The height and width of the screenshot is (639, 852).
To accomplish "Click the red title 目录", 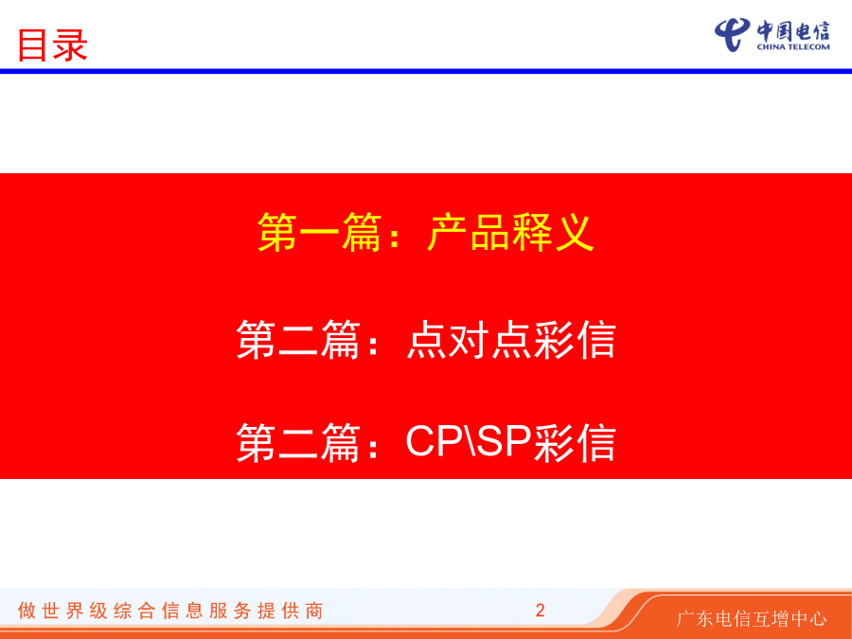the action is click(x=52, y=45).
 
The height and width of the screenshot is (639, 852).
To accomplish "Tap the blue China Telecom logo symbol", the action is click(x=732, y=34).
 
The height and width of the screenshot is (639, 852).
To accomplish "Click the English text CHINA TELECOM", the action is click(x=793, y=46).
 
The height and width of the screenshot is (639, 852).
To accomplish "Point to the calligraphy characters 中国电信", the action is click(x=793, y=31).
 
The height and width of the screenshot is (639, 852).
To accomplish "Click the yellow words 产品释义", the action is click(x=510, y=233).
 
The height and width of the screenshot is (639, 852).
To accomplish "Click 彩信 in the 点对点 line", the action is click(x=575, y=340).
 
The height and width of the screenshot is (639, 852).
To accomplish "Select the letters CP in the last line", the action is click(x=434, y=441).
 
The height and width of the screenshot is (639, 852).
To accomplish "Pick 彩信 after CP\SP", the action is click(x=575, y=442).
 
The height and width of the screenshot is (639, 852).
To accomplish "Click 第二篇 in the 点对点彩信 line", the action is click(x=298, y=340).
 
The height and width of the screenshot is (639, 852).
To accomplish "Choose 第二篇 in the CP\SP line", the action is click(x=298, y=442).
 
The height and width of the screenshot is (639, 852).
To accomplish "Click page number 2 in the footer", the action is click(x=541, y=611).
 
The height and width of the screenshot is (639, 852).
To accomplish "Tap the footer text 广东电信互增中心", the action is click(x=752, y=619).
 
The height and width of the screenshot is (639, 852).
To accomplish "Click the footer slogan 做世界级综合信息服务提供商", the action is click(x=170, y=611).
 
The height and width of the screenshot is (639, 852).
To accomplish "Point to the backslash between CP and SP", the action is click(x=470, y=441).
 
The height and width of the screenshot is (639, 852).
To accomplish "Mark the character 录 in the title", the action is click(x=70, y=45).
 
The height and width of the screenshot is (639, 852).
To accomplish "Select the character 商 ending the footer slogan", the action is click(x=314, y=611).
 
